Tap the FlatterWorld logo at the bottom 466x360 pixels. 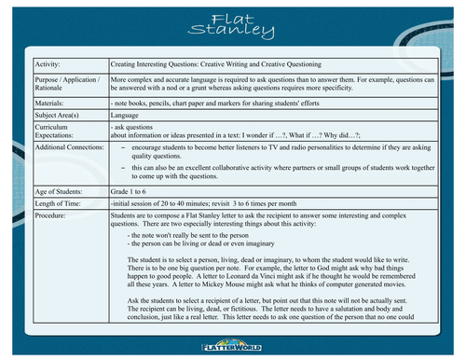(x=232, y=346)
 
